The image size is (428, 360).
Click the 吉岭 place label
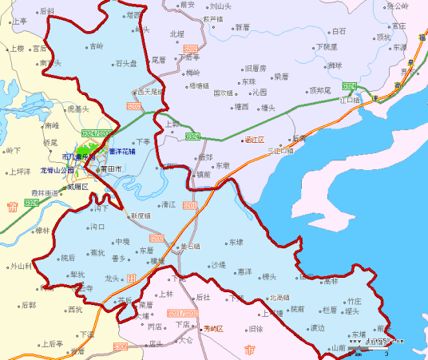[x=97, y=46]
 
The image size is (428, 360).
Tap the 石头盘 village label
[x=126, y=62]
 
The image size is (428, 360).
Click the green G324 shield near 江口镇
[x=349, y=85]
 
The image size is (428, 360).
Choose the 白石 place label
[x=339, y=32]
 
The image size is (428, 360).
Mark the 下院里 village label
[x=327, y=47]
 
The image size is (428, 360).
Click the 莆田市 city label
[x=109, y=169]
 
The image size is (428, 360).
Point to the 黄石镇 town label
[x=192, y=247]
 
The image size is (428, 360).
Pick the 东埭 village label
[x=235, y=242]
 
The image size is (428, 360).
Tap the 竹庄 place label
[x=354, y=301]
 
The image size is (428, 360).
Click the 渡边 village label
[x=318, y=327]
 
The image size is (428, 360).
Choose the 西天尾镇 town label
[x=150, y=92]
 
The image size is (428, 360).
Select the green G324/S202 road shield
[x=94, y=133]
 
